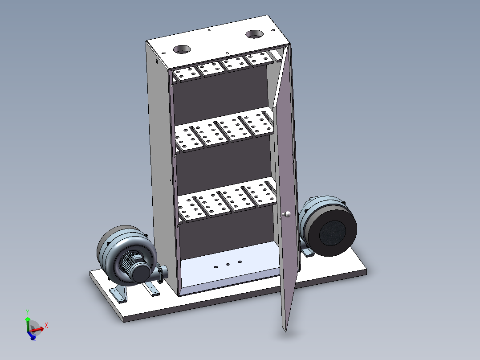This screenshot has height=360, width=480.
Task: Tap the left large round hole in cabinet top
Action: [182, 49]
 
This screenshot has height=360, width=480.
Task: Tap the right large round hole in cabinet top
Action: [254, 34]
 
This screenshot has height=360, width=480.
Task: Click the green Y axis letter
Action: [28, 312]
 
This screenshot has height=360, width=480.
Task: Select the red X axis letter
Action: [46, 325]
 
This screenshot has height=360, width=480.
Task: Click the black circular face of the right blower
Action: [333, 233]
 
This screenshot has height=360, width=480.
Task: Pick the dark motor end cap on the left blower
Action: [141, 273]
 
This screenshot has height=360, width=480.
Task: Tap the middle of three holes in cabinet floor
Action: [228, 264]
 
